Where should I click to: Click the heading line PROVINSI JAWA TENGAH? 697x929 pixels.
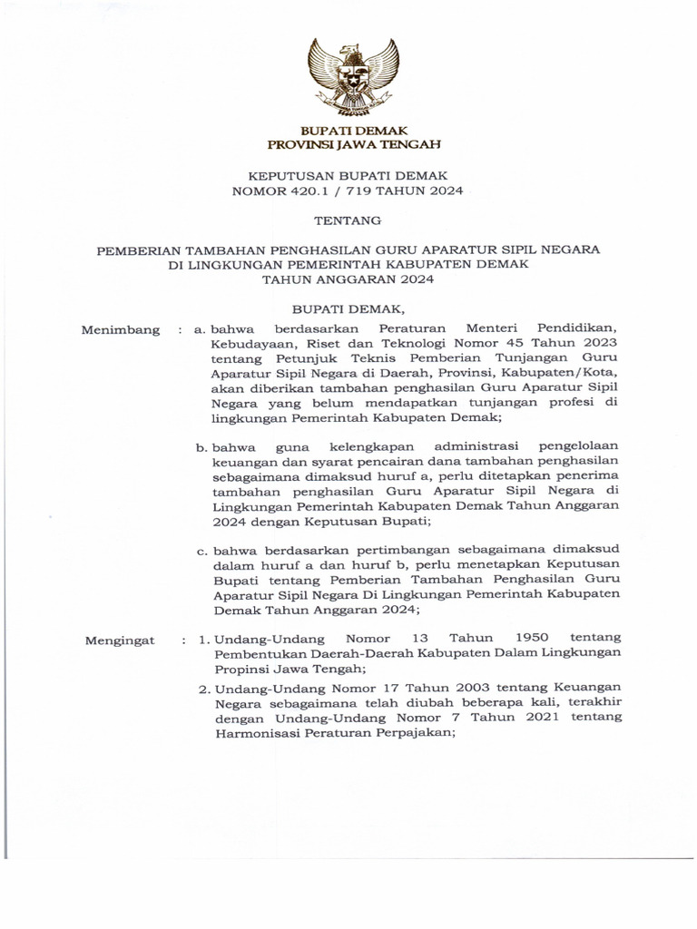click(348, 144)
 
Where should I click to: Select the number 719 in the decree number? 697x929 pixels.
click(374, 191)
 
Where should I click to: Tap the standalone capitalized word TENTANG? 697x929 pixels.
click(348, 220)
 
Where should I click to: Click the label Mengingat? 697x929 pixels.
click(121, 641)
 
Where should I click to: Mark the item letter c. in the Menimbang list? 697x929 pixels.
click(203, 549)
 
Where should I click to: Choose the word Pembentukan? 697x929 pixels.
click(256, 653)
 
